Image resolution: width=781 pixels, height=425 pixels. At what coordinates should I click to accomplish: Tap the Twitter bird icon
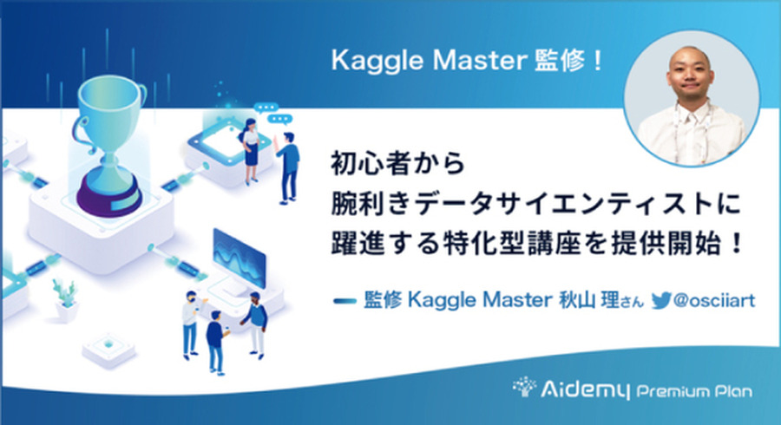(661, 301)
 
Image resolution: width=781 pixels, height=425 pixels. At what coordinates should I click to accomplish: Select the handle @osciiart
(714, 300)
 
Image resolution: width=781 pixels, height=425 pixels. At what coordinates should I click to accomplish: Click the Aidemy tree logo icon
(524, 387)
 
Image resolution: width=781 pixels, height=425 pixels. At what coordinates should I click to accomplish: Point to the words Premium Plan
(695, 391)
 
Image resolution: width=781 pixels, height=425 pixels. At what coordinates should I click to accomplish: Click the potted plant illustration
(66, 298)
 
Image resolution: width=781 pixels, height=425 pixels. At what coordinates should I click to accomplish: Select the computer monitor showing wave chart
(240, 258)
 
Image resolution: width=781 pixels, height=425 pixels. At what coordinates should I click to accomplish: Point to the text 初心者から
(398, 163)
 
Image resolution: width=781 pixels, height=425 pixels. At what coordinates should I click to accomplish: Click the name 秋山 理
(588, 300)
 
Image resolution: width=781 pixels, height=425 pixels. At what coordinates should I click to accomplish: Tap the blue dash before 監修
(345, 301)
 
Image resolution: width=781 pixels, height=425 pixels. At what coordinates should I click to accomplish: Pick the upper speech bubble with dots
(266, 108)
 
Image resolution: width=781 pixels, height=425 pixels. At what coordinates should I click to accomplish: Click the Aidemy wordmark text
(585, 389)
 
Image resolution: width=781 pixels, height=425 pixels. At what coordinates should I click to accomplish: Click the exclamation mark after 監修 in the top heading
(597, 61)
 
